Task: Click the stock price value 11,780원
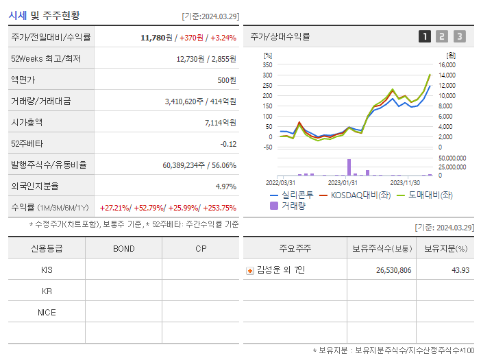pyautogui.click(x=154, y=37)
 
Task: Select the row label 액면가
pyautogui.click(x=25, y=80)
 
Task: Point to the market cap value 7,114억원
pyautogui.click(x=220, y=123)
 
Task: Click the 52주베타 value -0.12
pyautogui.click(x=228, y=144)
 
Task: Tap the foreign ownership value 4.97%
pyautogui.click(x=225, y=187)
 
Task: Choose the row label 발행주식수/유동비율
pyautogui.click(x=46, y=165)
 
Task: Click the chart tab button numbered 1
pyautogui.click(x=425, y=36)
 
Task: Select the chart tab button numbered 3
pyautogui.click(x=459, y=36)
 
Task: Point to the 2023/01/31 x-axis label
pyautogui.click(x=343, y=182)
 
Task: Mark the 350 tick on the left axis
pyautogui.click(x=267, y=64)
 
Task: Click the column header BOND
pyautogui.click(x=123, y=248)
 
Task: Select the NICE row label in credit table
pyautogui.click(x=47, y=313)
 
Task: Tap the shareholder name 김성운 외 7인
pyautogui.click(x=282, y=270)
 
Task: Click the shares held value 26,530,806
pyautogui.click(x=393, y=270)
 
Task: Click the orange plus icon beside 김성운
pyautogui.click(x=250, y=270)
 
